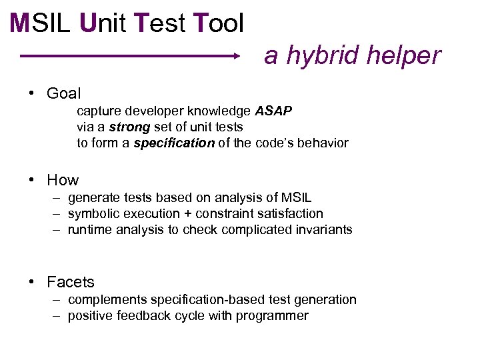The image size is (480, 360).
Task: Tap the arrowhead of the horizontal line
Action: coord(235,57)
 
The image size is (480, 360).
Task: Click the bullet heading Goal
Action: coord(63,93)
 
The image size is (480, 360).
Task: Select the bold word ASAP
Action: coord(273,111)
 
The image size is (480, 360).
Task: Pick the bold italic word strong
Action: coord(129,127)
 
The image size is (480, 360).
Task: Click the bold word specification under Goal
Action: coord(174,143)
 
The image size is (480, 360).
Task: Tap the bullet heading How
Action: coord(63,180)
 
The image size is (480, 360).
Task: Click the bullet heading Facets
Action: coord(71,282)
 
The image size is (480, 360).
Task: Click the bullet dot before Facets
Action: coord(32,282)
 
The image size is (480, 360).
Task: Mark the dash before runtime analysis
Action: coord(59,230)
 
